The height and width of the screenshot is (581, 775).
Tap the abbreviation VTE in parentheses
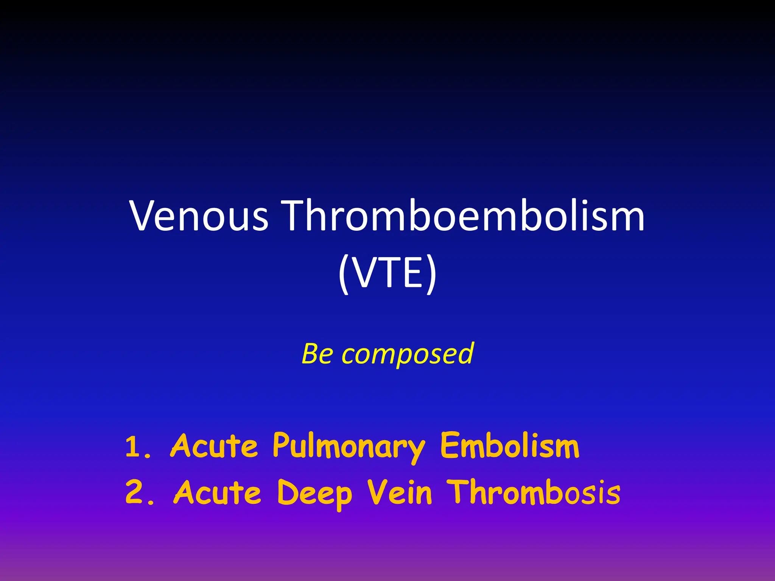click(x=388, y=272)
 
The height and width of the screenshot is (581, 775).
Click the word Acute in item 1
click(x=214, y=446)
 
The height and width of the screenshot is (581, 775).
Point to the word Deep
click(x=314, y=494)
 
